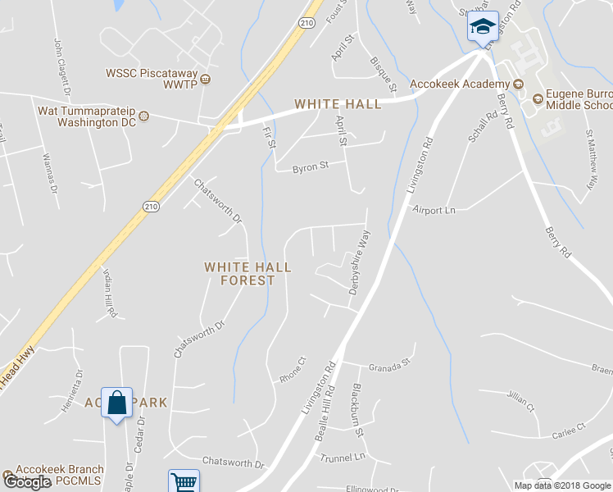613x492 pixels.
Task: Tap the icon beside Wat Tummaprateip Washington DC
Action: [x=144, y=116]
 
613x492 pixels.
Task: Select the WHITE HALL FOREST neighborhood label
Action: [x=238, y=273]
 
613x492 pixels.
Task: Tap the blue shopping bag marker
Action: [x=116, y=403]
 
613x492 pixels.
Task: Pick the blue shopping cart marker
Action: [x=184, y=481]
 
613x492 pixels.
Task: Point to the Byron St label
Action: [x=311, y=166]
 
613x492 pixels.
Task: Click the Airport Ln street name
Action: [x=434, y=210]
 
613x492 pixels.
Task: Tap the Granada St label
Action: [x=388, y=367]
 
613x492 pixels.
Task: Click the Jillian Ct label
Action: [x=520, y=401]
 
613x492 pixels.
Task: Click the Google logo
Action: [x=27, y=482]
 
